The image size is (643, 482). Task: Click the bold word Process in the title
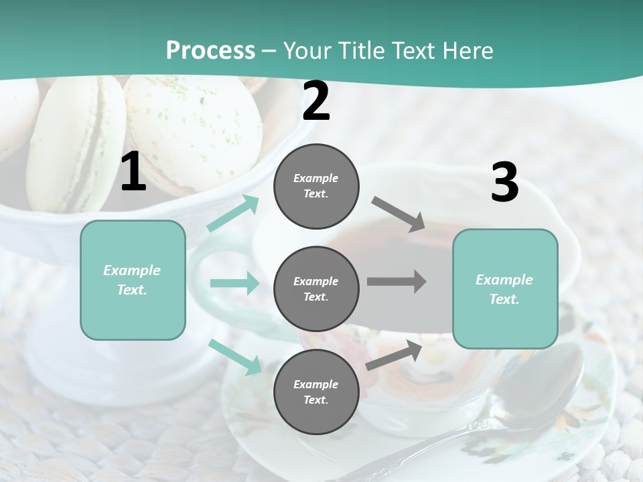(x=210, y=50)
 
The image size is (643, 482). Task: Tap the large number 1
(x=133, y=173)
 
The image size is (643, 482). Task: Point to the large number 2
(x=316, y=101)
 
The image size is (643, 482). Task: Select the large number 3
(x=504, y=183)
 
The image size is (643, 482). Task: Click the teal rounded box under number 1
(x=133, y=280)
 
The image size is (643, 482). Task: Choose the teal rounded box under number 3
(x=505, y=289)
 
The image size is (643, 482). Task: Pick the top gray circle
(x=316, y=186)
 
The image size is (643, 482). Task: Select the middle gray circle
(x=316, y=289)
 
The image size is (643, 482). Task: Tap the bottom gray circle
(x=316, y=392)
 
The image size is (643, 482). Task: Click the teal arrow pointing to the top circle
(x=233, y=214)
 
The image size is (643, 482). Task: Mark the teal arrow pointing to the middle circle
(x=234, y=283)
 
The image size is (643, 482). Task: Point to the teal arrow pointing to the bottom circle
(x=235, y=357)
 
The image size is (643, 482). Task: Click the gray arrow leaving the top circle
(x=399, y=213)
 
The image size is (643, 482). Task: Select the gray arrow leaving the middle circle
(x=396, y=281)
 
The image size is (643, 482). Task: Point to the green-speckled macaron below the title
(x=194, y=131)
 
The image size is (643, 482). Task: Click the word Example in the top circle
(x=315, y=178)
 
